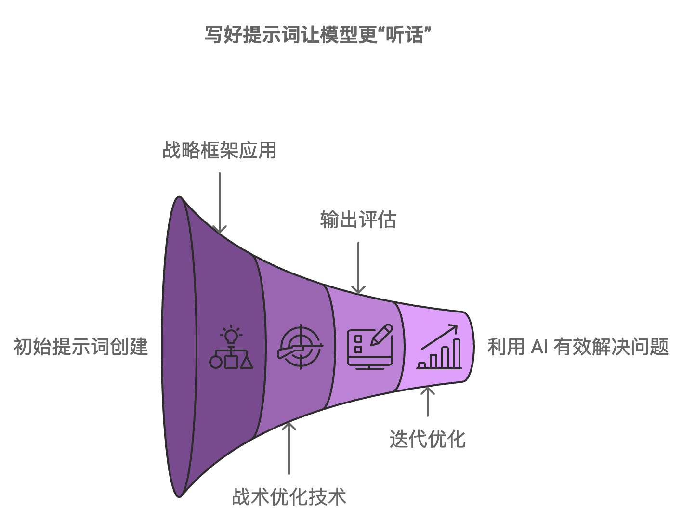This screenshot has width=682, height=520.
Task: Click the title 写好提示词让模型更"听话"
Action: (x=317, y=35)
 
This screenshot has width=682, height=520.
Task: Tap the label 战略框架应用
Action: (x=219, y=150)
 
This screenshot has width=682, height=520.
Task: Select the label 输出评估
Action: (x=358, y=220)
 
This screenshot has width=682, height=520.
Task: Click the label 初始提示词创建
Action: (x=80, y=347)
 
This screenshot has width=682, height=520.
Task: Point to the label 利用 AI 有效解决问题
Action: (x=578, y=347)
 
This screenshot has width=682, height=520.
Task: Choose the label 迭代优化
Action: (x=427, y=439)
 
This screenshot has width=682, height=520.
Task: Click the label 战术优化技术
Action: (x=289, y=497)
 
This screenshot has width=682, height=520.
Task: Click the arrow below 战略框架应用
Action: (x=220, y=202)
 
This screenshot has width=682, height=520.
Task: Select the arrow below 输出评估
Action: (x=358, y=268)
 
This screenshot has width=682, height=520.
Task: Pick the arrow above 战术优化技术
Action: (x=289, y=448)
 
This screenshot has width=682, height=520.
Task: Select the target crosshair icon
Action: (x=301, y=347)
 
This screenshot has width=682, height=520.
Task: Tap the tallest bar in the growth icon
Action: (x=456, y=353)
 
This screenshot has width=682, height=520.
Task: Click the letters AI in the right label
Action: (x=539, y=347)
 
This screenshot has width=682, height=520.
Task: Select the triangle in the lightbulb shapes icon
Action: (x=246, y=361)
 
